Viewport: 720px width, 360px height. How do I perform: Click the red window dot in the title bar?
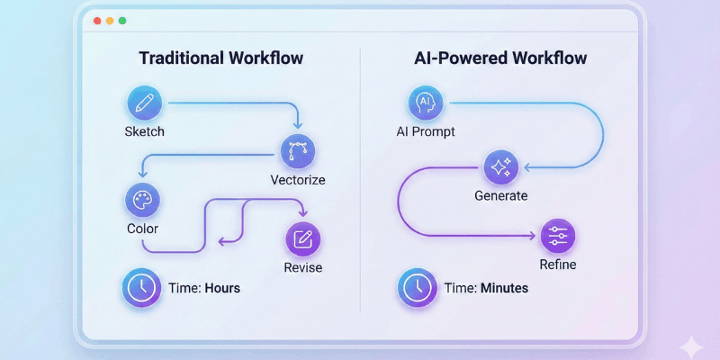click(97, 20)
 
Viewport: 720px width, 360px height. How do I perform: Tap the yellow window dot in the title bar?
click(110, 20)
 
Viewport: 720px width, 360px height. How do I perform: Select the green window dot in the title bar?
click(122, 20)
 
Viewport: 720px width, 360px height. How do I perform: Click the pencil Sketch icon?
click(144, 103)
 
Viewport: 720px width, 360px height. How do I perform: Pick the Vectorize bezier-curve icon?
click(298, 152)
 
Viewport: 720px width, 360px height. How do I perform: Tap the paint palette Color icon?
click(142, 200)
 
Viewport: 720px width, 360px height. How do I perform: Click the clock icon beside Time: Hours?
click(139, 288)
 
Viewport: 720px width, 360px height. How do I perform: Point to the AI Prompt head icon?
click(425, 103)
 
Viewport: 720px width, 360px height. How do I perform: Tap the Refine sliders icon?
click(557, 236)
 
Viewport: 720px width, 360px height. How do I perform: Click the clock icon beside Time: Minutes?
click(416, 288)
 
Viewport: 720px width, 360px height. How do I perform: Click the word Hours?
click(222, 289)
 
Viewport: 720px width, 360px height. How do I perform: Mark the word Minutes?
click(504, 289)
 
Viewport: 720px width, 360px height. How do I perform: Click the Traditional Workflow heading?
click(220, 58)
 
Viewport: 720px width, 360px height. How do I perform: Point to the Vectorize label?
click(298, 180)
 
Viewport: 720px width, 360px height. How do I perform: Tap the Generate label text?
click(501, 195)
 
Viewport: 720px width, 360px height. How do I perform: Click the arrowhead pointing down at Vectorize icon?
click(298, 125)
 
